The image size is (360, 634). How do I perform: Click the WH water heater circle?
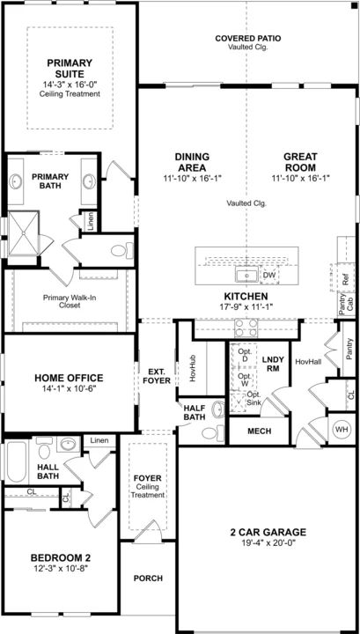click(x=342, y=429)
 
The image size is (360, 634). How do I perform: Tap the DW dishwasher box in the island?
click(x=268, y=276)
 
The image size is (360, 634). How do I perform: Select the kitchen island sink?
click(x=246, y=275)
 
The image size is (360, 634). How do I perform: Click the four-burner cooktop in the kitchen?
click(x=246, y=328)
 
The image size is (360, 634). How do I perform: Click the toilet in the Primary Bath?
click(x=122, y=251)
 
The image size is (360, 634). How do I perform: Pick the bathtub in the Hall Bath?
click(x=17, y=461)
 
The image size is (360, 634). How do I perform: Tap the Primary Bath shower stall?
click(x=24, y=233)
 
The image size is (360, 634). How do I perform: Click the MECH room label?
click(x=260, y=431)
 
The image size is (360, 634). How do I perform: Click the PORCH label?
click(x=148, y=579)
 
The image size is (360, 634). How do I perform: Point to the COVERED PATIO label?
click(x=247, y=39)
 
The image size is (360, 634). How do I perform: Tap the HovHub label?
click(x=193, y=369)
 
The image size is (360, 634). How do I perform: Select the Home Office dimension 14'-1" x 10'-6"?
click(x=69, y=388)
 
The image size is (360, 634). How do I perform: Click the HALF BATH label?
click(x=195, y=412)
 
